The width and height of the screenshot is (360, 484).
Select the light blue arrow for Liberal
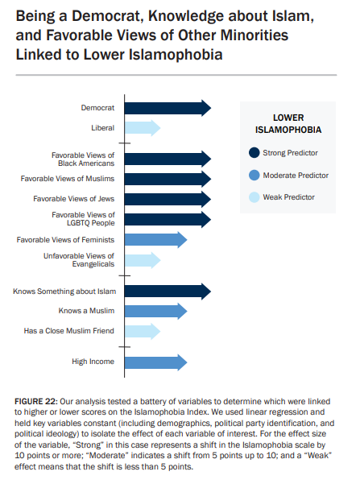point(142,127)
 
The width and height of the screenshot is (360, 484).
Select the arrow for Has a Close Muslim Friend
point(142,330)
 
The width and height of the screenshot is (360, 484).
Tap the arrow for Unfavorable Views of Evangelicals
point(142,259)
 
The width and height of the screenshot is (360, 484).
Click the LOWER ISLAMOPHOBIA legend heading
point(288,123)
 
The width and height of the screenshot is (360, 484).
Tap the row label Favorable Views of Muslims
point(68,178)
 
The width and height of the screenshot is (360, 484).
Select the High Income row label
point(93,362)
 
